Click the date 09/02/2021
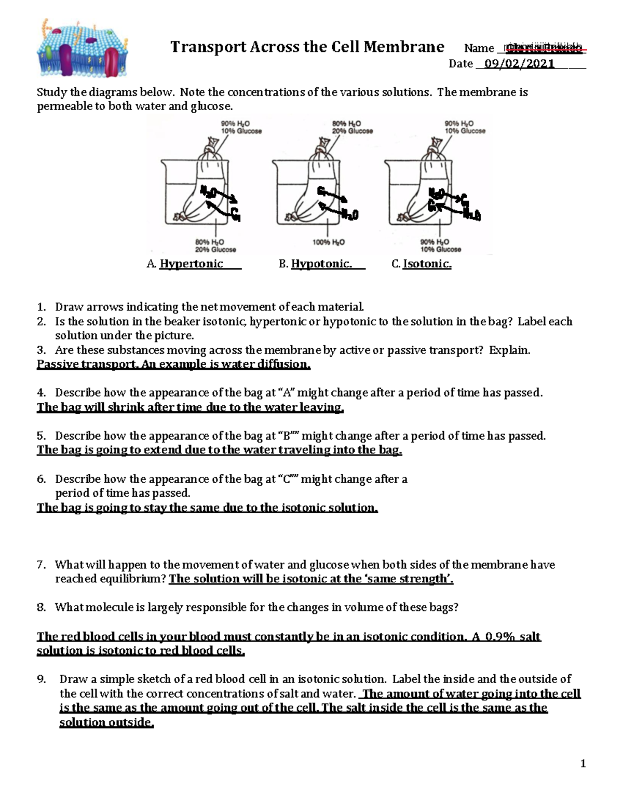coord(519,64)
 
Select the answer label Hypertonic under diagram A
coord(191,264)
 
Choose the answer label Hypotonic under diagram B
coord(321,264)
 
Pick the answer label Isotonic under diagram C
coord(427,264)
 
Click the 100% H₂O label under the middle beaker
coord(328,242)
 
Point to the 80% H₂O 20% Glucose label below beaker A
coord(215,245)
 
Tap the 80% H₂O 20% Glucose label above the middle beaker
coord(352,127)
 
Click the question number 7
coord(42,565)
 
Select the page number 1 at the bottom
coord(583,763)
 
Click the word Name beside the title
coord(479,48)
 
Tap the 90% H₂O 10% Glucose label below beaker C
coord(441,245)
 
